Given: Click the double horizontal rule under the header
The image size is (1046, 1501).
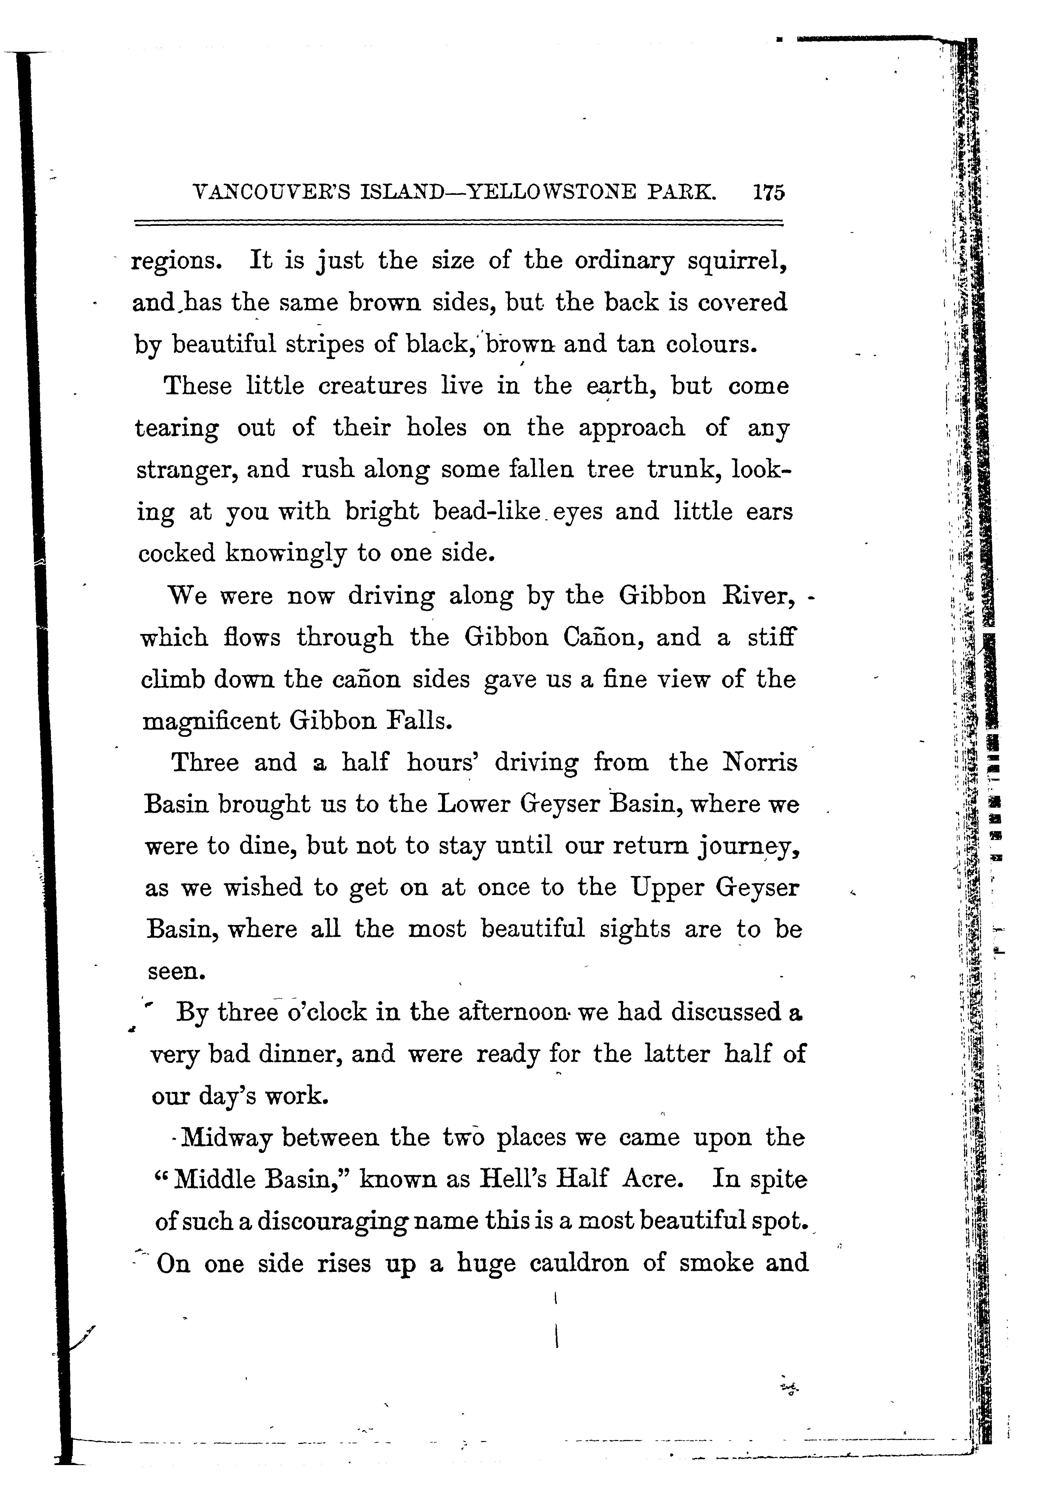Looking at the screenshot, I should [x=458, y=224].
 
